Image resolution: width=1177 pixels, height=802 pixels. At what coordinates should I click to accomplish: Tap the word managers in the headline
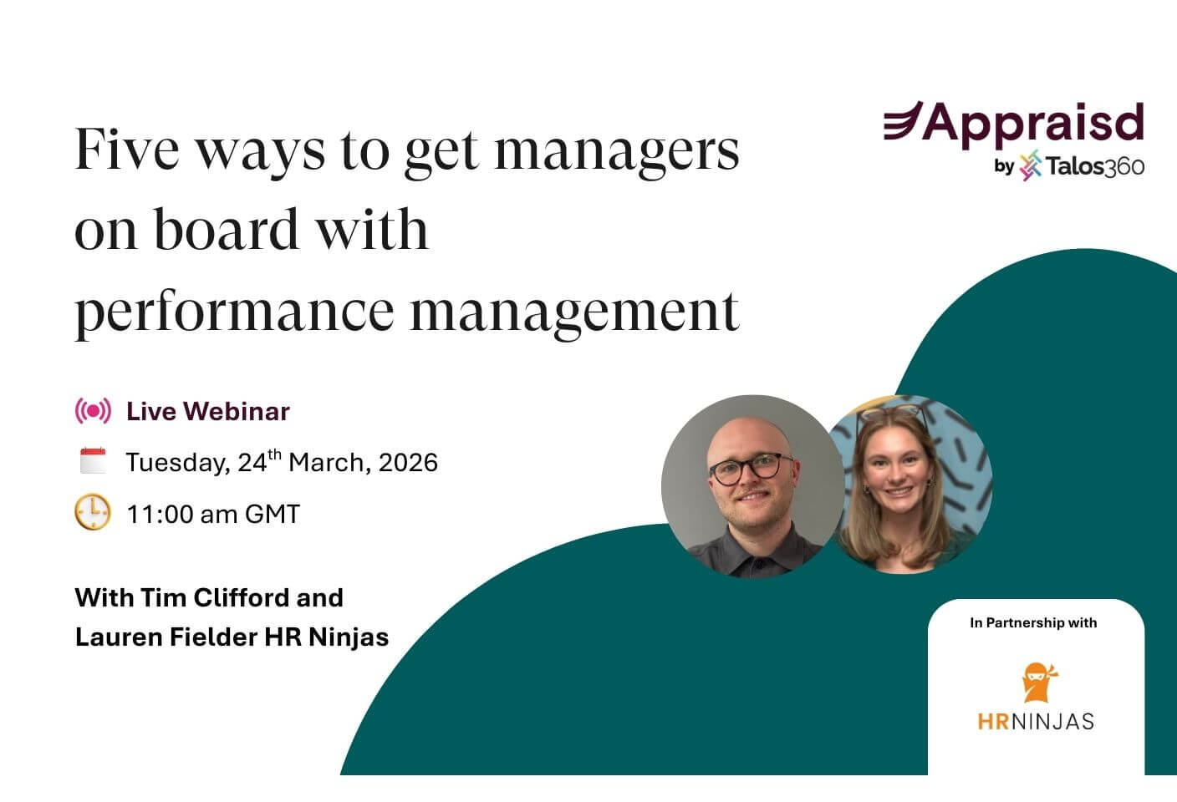click(617, 151)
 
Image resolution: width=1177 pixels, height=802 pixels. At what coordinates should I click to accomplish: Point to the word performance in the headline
click(233, 312)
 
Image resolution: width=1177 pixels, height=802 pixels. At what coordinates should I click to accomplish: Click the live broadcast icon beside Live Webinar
click(93, 411)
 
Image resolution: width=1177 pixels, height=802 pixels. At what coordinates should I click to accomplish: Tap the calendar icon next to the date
click(93, 461)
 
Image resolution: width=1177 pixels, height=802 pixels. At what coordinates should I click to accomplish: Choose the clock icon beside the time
click(93, 512)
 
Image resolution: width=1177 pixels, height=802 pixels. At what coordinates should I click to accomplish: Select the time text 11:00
click(160, 514)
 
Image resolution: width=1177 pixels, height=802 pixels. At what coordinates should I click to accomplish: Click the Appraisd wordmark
click(1033, 123)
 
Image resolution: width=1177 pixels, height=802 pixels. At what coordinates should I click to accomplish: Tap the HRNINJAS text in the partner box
click(1036, 720)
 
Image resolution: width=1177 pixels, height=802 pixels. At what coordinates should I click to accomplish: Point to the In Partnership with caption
click(1033, 622)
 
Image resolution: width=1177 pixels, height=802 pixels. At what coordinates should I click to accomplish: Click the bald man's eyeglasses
click(751, 468)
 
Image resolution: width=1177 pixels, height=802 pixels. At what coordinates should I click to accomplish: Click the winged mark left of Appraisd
click(903, 121)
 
